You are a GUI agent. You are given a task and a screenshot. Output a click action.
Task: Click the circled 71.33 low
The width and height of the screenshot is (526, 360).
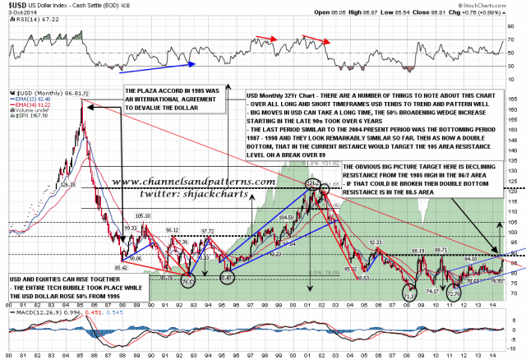[408, 293]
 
